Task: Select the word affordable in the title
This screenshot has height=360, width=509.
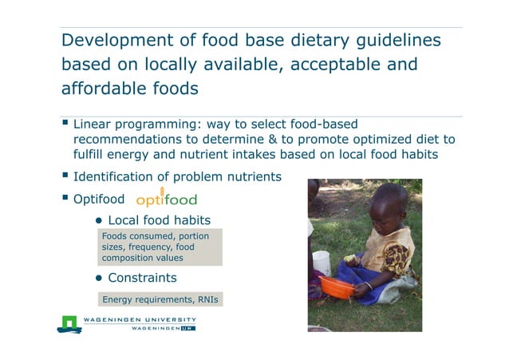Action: pos(102,88)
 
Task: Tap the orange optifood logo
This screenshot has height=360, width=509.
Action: pos(166,198)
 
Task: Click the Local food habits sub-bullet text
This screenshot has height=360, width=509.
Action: pos(159,220)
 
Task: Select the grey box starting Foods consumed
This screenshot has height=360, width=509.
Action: pos(160,247)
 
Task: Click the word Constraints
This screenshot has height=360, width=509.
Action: pos(142,278)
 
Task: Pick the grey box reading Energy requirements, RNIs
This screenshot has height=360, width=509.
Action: pos(160,300)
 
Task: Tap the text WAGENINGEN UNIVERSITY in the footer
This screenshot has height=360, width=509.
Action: pos(140,320)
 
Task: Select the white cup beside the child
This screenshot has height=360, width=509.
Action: pos(322,263)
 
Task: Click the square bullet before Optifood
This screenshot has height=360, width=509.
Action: pos(65,197)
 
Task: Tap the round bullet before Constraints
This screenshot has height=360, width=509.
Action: pos(101,279)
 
